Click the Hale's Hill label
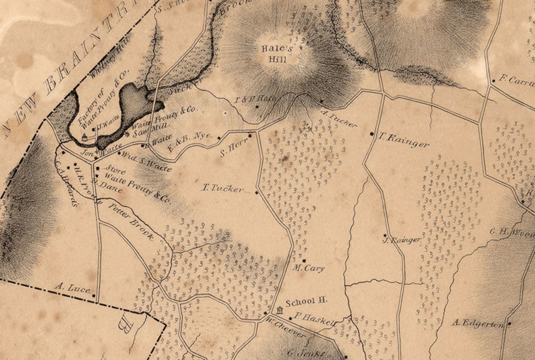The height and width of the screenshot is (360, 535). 277,54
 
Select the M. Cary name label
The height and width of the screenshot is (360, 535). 308,268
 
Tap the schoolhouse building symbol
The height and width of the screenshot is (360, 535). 281,310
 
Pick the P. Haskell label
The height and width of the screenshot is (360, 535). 315,319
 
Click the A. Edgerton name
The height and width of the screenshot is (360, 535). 477,323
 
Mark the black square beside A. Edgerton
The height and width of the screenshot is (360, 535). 509,323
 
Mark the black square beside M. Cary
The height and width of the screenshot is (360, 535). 304,260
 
